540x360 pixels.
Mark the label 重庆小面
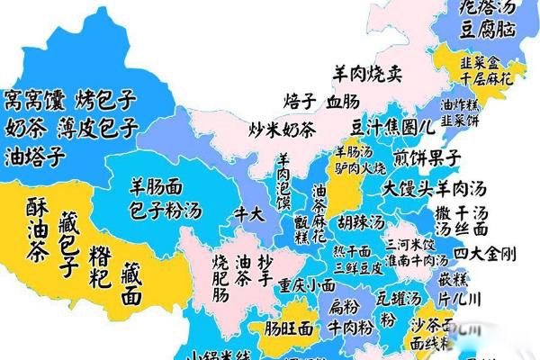pyautogui.click(x=306, y=285)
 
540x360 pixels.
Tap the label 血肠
pyautogui.click(x=343, y=99)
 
